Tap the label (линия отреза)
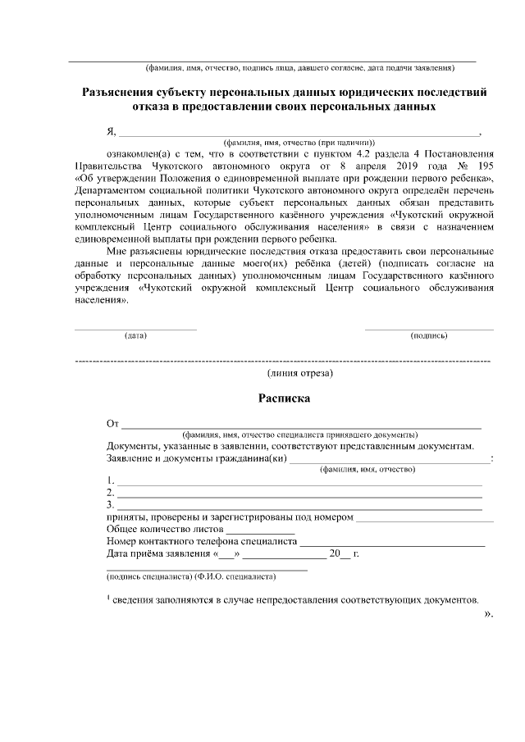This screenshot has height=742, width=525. pos(299,373)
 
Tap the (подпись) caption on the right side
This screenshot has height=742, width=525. pos(428,336)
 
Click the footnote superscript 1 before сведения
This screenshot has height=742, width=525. pos(108,597)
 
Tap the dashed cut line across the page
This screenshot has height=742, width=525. pos(283,361)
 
